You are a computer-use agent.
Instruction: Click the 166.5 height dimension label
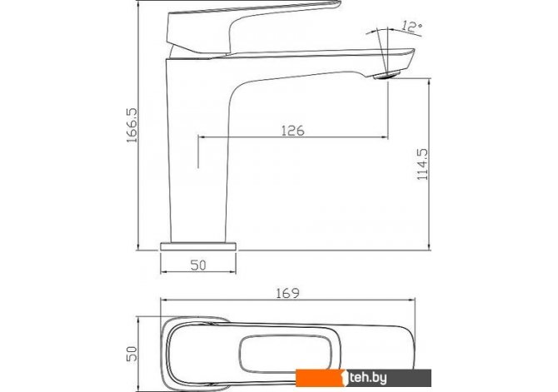click(132, 125)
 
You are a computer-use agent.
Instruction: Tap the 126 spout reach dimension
click(293, 131)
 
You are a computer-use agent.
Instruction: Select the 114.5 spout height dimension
click(422, 164)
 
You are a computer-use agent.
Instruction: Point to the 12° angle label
click(411, 27)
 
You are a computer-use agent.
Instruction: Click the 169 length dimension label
click(288, 293)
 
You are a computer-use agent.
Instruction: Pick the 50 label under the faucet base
click(198, 265)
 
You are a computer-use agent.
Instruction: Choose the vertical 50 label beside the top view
click(132, 354)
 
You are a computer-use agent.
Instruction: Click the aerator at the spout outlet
click(386, 75)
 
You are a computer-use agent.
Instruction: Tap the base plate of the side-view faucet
click(198, 246)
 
